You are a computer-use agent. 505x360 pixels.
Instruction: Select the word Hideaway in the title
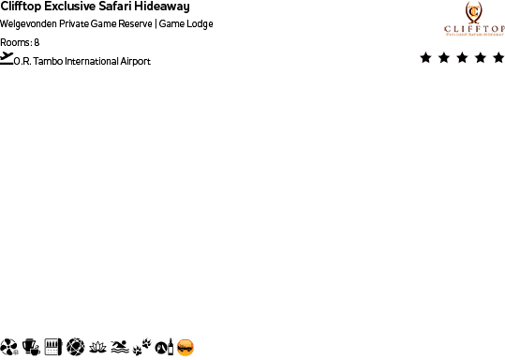164,7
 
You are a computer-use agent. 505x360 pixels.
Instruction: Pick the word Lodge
200,23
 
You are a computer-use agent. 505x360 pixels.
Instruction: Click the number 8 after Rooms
37,43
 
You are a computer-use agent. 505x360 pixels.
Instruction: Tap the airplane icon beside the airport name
7,58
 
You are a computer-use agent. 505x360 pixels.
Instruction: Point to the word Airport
135,62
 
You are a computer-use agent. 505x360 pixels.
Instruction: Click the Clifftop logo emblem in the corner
474,13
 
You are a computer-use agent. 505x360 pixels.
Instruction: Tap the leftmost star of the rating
426,58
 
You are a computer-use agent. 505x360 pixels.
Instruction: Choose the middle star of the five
462,58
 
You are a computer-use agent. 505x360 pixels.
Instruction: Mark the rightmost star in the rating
498,58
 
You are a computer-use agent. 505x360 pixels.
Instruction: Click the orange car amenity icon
186,348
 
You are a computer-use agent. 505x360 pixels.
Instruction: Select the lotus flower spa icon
97,348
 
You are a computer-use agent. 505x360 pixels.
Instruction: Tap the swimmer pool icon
119,348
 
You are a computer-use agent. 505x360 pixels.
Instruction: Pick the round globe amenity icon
75,348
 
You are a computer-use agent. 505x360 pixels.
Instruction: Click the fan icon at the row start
8,348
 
